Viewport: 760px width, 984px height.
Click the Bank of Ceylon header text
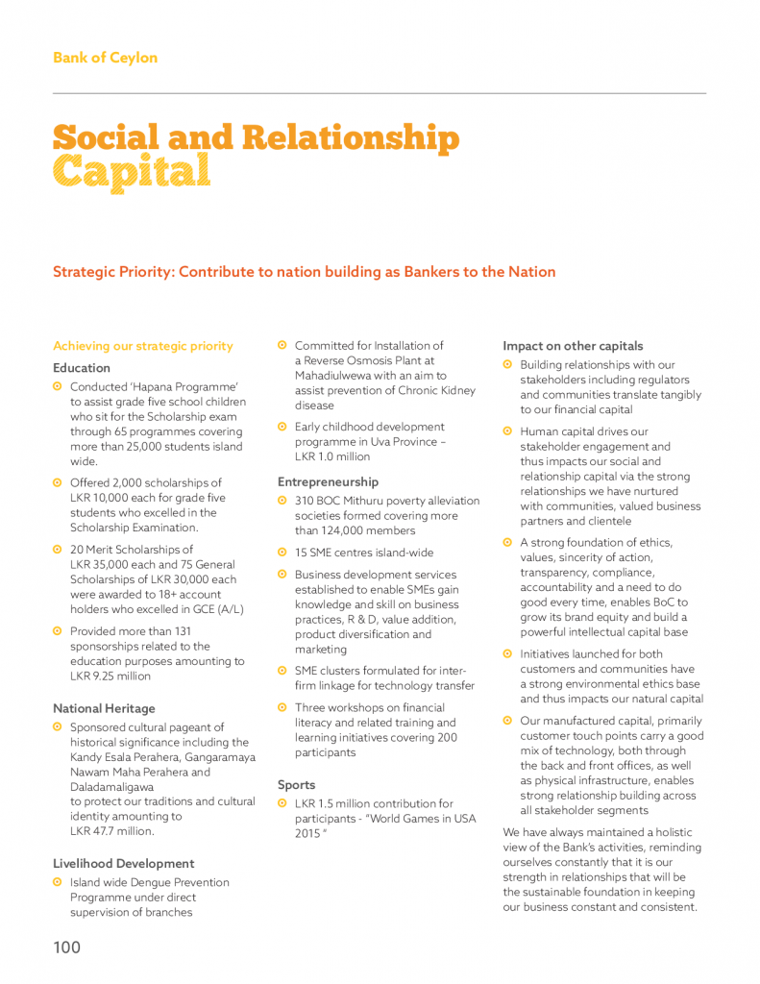click(105, 58)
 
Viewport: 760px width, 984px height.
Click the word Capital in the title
click(132, 172)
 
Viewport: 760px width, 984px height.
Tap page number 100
click(67, 947)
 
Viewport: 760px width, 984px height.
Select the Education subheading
click(82, 368)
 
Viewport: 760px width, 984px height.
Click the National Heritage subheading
click(104, 708)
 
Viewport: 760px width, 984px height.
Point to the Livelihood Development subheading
click(123, 863)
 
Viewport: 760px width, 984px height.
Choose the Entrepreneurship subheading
click(328, 481)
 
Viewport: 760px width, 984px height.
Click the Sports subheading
click(297, 784)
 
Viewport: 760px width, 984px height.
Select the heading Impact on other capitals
click(573, 346)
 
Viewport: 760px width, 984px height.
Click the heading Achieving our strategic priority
click(143, 346)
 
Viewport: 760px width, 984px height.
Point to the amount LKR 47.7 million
click(111, 831)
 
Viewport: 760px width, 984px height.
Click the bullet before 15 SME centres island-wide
click(282, 553)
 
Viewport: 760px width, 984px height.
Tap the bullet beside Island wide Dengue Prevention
click(58, 882)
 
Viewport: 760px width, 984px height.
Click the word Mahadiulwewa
click(335, 376)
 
